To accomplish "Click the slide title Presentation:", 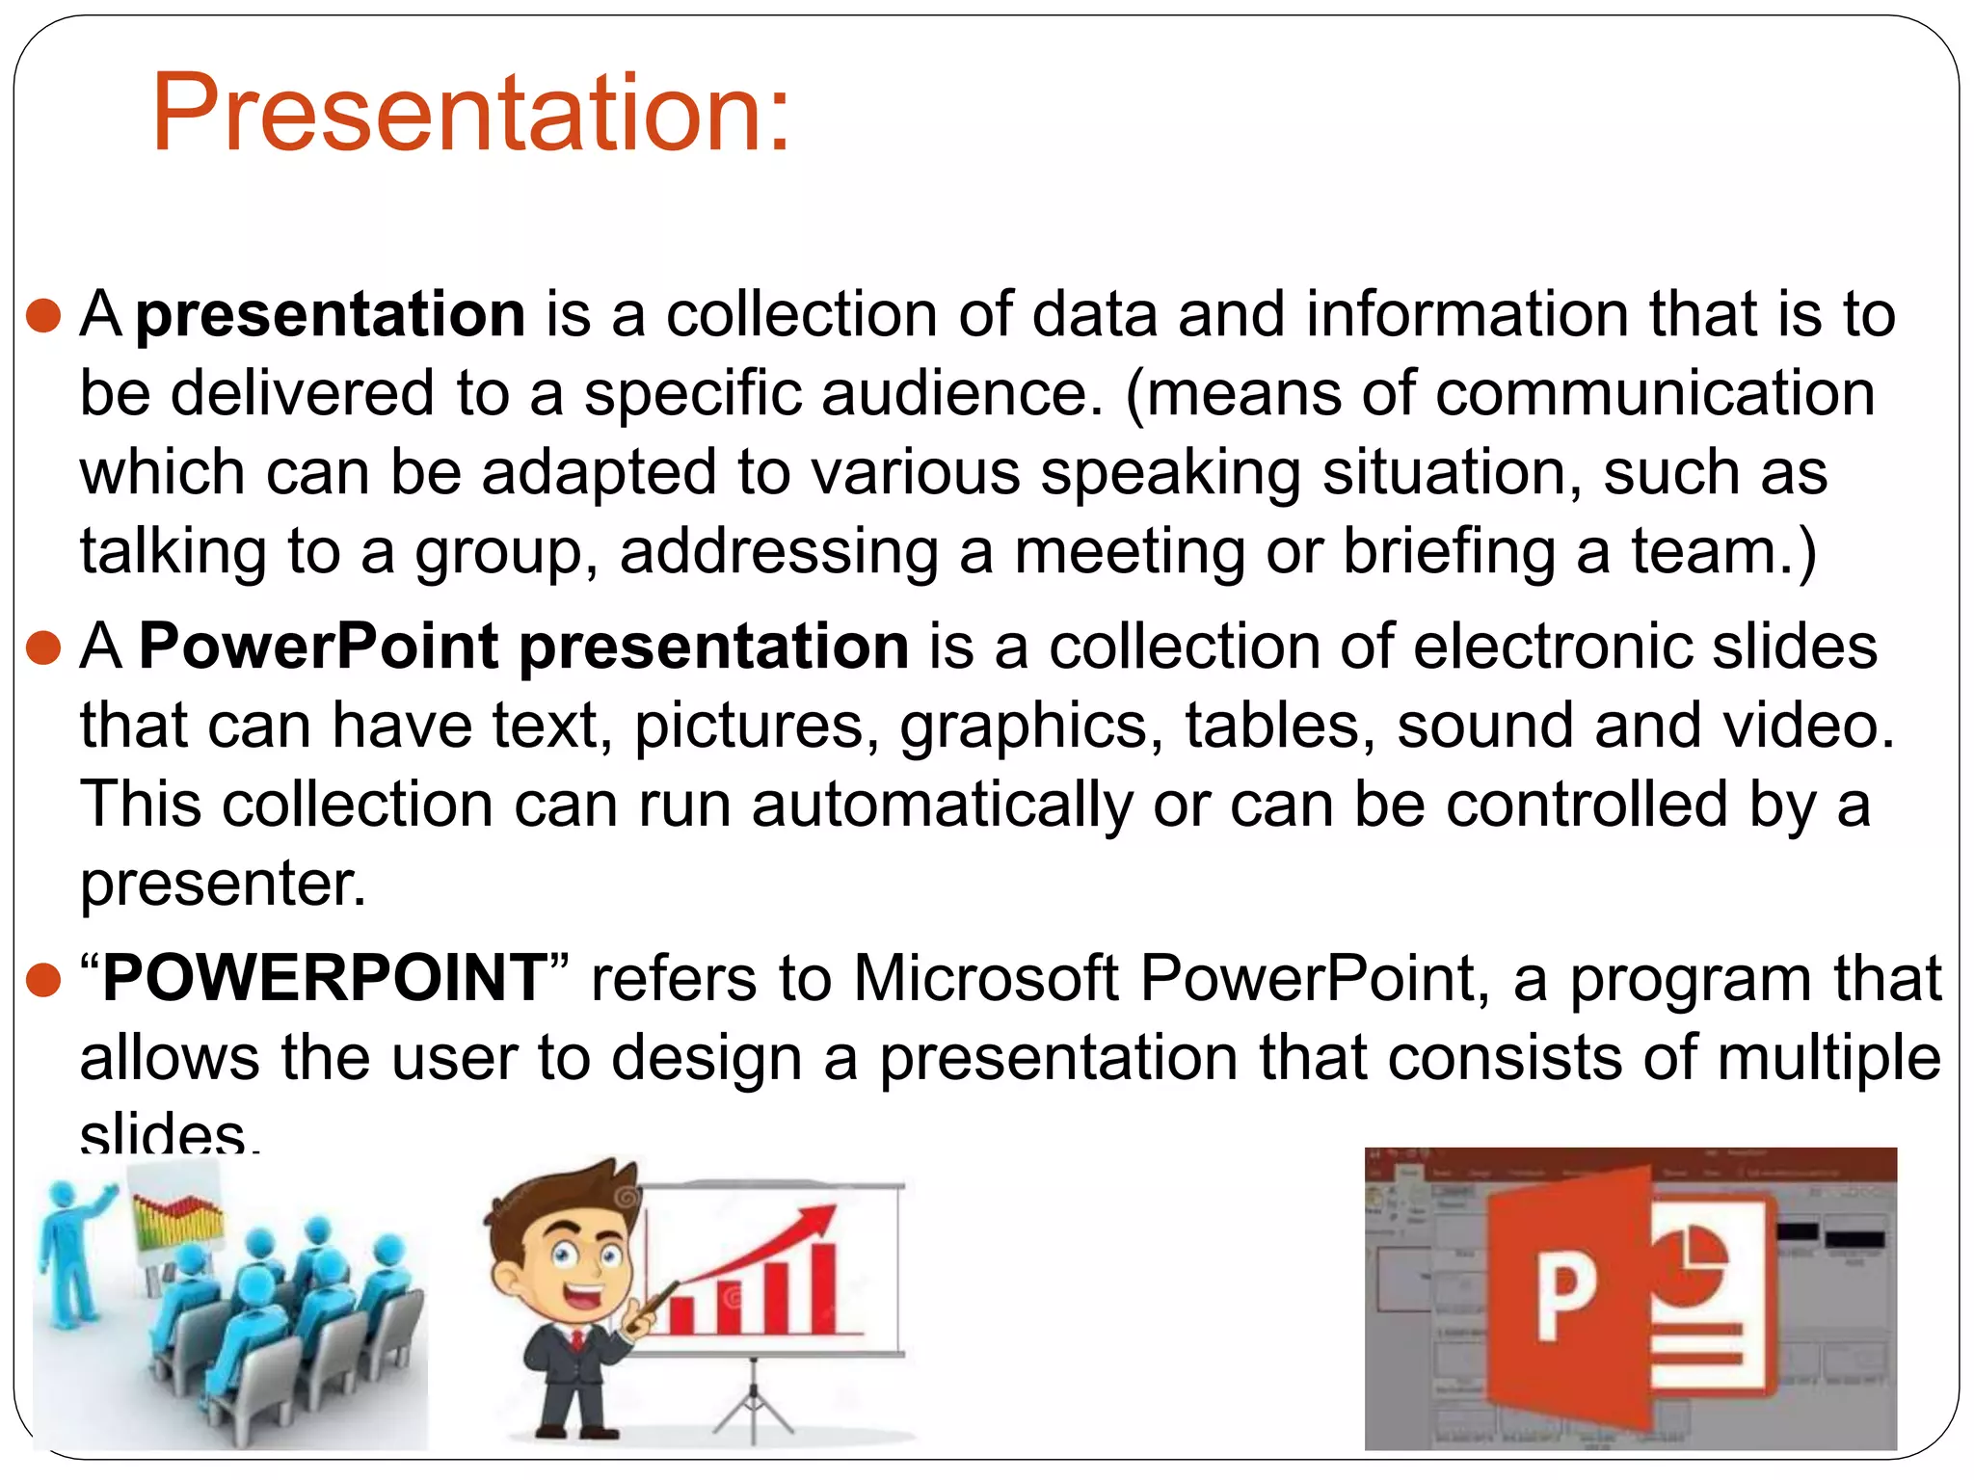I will (x=470, y=114).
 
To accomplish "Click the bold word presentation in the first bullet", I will (x=331, y=315).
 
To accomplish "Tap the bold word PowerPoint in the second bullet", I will (x=318, y=646).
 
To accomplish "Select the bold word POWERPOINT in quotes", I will (x=325, y=978).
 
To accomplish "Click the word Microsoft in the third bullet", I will (x=984, y=978).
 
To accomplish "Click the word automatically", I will (x=942, y=805).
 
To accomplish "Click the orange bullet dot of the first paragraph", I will (x=44, y=316).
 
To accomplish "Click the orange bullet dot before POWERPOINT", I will (x=44, y=980).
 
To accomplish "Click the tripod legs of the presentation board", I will (x=753, y=1408).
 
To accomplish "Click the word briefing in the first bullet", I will (x=1449, y=552).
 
